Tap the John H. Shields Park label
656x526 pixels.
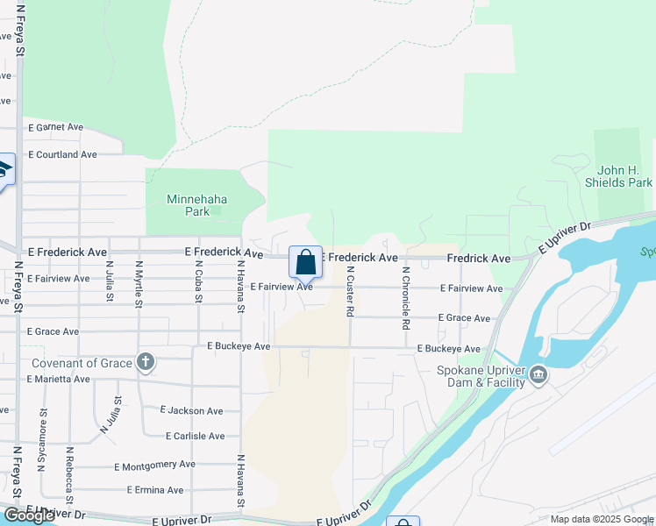(624, 176)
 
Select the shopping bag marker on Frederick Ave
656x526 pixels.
(305, 262)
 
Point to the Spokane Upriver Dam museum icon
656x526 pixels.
(538, 376)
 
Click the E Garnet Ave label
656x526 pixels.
(56, 127)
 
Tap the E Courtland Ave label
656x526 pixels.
(62, 154)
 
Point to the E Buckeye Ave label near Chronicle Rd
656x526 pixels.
(448, 348)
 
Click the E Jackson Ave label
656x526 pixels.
(191, 410)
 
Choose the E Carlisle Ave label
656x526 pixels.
(195, 436)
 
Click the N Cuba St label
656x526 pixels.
(198, 286)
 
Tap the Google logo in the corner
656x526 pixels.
(29, 515)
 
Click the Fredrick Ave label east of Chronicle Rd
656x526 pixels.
(478, 259)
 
